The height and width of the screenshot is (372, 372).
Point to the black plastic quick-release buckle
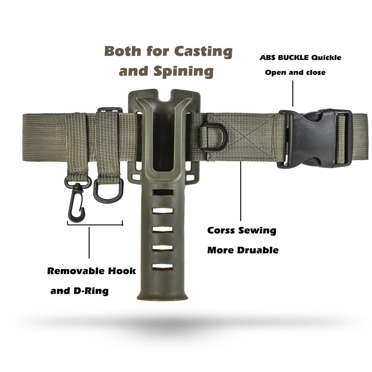coord(313,139)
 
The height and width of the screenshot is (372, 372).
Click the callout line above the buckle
coord(292,93)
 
